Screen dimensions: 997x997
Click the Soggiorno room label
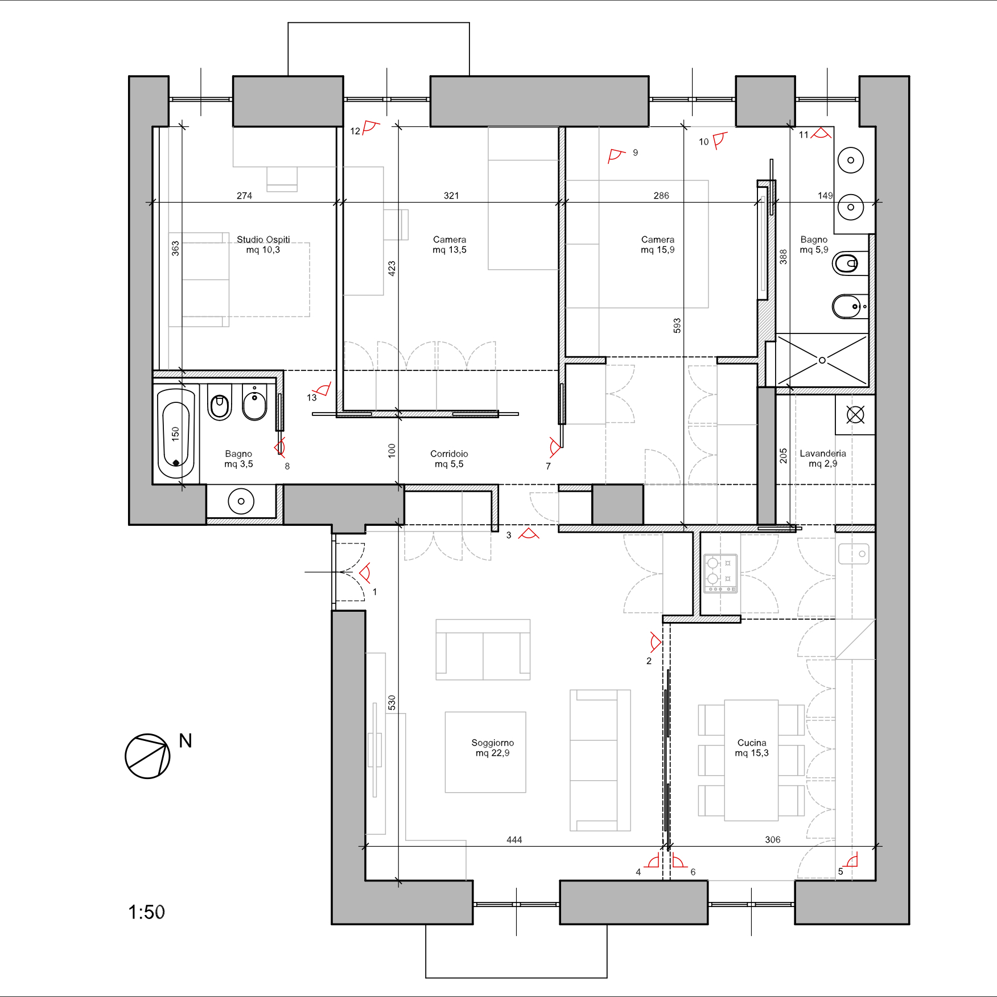(x=493, y=743)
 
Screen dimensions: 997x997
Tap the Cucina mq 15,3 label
(x=752, y=748)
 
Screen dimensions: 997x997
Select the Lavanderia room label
(x=823, y=454)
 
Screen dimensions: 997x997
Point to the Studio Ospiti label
(x=263, y=240)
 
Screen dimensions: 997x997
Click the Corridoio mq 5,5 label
(x=449, y=459)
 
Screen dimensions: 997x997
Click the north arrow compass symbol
(x=147, y=756)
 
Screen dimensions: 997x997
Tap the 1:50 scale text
(x=147, y=912)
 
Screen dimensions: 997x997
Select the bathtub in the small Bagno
(x=176, y=434)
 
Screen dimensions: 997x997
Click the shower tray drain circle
(x=822, y=360)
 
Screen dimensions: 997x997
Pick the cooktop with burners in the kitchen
(x=720, y=574)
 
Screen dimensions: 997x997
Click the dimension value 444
(x=514, y=840)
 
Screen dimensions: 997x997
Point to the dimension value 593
(x=677, y=326)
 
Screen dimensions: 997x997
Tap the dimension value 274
(x=245, y=196)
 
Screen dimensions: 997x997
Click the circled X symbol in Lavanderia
(x=855, y=415)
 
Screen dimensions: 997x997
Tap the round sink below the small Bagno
(x=241, y=501)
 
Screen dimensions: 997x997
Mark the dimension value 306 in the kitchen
(x=773, y=840)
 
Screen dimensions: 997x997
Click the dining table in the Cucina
(x=751, y=760)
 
